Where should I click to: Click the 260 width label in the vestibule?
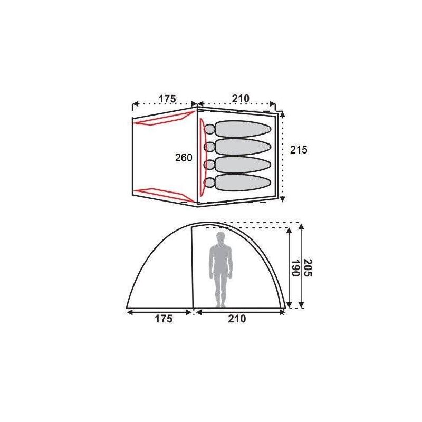point(184,158)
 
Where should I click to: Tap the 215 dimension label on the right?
point(299,150)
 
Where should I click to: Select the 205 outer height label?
point(308,268)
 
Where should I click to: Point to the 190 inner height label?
point(295,268)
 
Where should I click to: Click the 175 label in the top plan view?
point(167,99)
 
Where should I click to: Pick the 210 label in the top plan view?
point(241,99)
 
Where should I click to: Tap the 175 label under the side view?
point(164,319)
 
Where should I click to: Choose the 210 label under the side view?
point(237,319)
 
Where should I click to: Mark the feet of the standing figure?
point(220,305)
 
